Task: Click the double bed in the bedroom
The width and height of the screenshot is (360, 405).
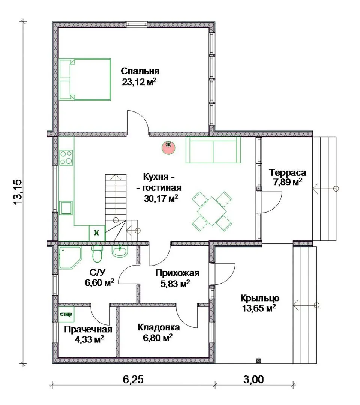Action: pos(85,79)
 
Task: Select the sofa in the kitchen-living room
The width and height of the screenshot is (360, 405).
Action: pos(213,150)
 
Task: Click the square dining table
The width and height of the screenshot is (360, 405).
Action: pos(212,211)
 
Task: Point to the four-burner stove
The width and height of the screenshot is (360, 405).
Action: pos(66,158)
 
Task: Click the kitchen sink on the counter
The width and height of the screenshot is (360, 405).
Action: pos(66,208)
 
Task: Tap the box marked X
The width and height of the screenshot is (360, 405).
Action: pos(97,233)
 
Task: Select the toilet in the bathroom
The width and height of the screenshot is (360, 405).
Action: pos(97,253)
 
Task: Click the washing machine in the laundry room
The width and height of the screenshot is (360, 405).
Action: pos(66,314)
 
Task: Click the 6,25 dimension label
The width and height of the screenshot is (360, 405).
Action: pos(133,379)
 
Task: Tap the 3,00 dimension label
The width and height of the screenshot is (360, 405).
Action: pos(253,379)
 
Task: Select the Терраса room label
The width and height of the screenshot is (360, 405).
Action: pos(287,172)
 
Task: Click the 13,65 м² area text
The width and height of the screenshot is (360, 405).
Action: pos(259,308)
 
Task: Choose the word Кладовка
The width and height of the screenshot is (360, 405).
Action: pos(159,327)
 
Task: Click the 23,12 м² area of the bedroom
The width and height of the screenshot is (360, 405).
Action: pos(139,82)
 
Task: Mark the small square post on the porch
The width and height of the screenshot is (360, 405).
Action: pos(259,360)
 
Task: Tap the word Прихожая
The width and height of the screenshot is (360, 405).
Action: pos(177,273)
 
